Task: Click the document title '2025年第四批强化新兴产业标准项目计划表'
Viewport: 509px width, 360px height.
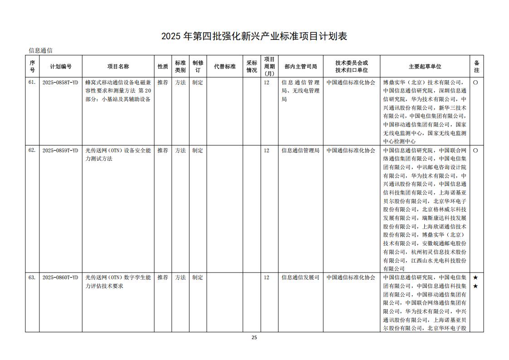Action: [x=254, y=36]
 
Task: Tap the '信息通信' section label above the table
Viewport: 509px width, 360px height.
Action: [x=41, y=50]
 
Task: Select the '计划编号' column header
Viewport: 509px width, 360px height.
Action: [x=61, y=66]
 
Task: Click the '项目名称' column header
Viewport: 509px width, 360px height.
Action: [x=118, y=66]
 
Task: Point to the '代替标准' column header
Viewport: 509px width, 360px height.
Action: [x=225, y=66]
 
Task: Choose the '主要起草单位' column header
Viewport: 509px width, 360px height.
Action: [x=425, y=66]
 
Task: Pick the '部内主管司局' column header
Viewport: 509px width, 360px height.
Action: [x=301, y=66]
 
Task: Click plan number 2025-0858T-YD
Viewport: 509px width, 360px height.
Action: [x=60, y=83]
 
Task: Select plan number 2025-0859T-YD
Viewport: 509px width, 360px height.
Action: [x=60, y=151]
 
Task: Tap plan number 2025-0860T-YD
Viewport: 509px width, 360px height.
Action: [x=60, y=277]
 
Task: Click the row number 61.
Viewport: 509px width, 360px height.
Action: [x=32, y=83]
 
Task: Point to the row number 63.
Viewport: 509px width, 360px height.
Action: [x=32, y=277]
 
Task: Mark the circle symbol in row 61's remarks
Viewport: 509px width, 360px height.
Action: [x=475, y=83]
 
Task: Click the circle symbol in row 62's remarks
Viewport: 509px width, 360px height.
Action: [x=475, y=151]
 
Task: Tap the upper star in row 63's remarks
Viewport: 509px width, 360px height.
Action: [x=475, y=277]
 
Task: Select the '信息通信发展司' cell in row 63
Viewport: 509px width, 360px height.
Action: [x=301, y=277]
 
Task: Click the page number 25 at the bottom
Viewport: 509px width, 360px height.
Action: [x=254, y=337]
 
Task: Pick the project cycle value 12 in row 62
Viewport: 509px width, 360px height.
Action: [x=267, y=151]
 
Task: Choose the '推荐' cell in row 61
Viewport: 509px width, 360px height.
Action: [x=162, y=83]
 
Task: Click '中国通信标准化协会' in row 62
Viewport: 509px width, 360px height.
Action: [x=351, y=151]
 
